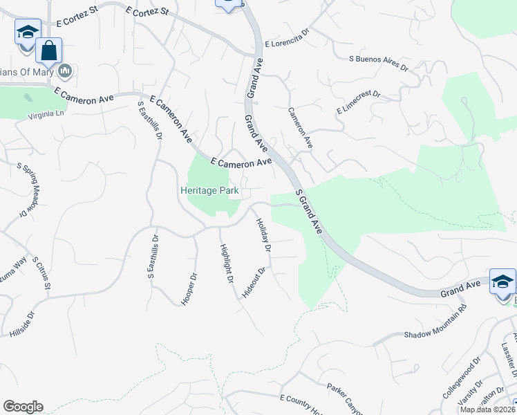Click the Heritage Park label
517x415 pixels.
tap(210, 190)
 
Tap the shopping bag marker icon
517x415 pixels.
tap(49, 50)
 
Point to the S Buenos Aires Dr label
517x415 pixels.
tap(379, 59)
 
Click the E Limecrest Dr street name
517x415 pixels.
tap(358, 101)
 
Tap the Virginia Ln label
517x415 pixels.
tap(46, 115)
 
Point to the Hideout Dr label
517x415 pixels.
tap(254, 283)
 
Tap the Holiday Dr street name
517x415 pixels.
tap(263, 234)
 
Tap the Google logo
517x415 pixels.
tap(23, 407)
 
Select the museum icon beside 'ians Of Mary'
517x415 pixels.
tap(66, 70)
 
